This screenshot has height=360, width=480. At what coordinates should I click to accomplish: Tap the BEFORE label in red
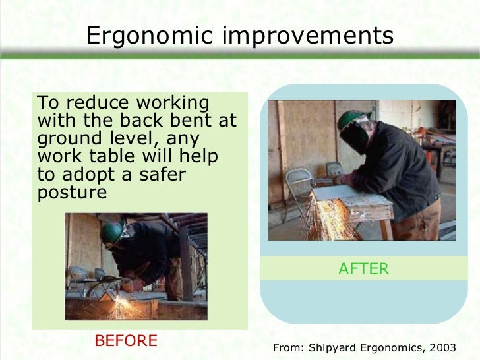[x=126, y=340]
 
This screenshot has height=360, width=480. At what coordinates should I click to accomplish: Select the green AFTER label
[x=365, y=268]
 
